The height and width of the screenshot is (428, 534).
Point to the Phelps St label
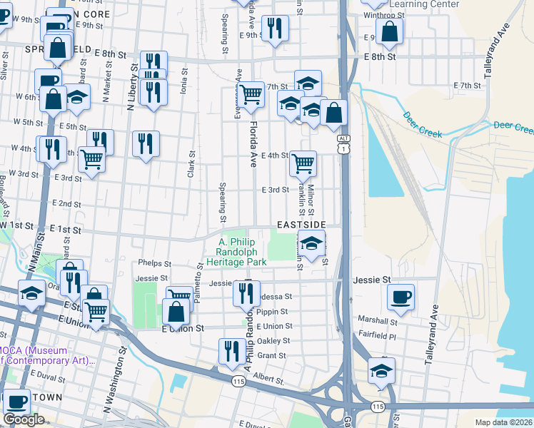156,263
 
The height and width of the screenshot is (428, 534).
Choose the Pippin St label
273,312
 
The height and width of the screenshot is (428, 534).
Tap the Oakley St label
273,341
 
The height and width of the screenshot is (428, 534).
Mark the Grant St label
271,355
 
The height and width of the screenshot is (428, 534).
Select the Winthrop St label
383,15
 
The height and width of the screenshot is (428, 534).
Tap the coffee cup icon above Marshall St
400,296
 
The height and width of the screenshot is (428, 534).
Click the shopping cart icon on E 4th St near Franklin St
303,163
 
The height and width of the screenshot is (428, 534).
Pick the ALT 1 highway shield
344,143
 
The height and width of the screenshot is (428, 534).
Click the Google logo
24,419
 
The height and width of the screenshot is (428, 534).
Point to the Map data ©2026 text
504,422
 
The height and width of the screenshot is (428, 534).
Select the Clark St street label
191,165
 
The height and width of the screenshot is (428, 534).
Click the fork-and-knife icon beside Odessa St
246,292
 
